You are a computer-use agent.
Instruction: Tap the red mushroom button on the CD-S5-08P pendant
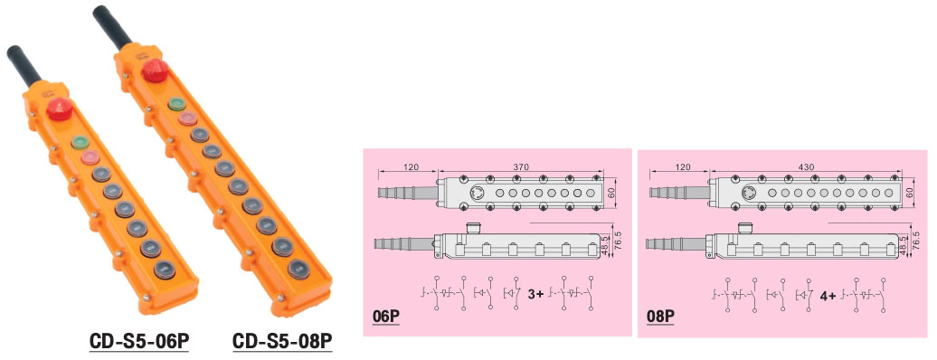click(154, 69)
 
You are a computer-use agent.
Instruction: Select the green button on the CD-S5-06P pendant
click(80, 142)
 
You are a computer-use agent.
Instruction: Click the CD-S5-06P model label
click(138, 342)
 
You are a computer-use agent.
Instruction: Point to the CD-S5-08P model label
click(283, 342)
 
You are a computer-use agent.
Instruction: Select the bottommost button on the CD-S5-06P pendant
click(164, 268)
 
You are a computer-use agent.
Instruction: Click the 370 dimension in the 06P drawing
click(520, 167)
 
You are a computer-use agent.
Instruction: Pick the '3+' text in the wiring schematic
click(537, 293)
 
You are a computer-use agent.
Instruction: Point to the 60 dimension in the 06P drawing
click(613, 192)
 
